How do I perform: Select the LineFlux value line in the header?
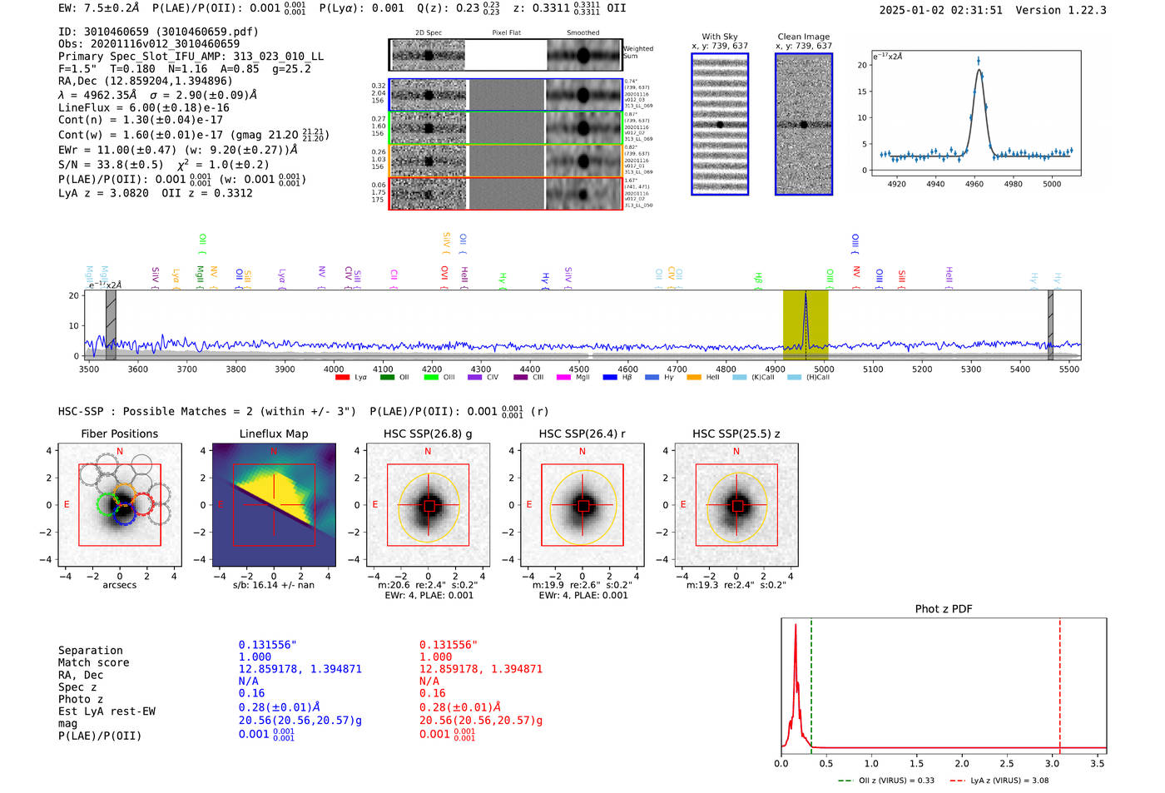(143, 107)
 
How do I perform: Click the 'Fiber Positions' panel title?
(119, 434)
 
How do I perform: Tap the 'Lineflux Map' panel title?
(273, 434)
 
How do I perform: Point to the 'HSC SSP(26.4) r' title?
(582, 434)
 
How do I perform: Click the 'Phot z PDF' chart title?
(943, 609)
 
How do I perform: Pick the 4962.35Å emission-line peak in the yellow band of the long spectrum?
(805, 296)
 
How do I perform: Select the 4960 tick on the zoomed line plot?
(974, 183)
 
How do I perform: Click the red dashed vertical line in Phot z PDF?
(1059, 682)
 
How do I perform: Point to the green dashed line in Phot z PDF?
(811, 682)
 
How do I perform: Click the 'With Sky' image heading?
(719, 37)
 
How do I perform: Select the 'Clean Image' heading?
(803, 37)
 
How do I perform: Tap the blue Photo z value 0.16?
(251, 693)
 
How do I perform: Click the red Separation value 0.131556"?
(449, 645)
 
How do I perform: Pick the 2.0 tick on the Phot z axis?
(961, 763)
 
